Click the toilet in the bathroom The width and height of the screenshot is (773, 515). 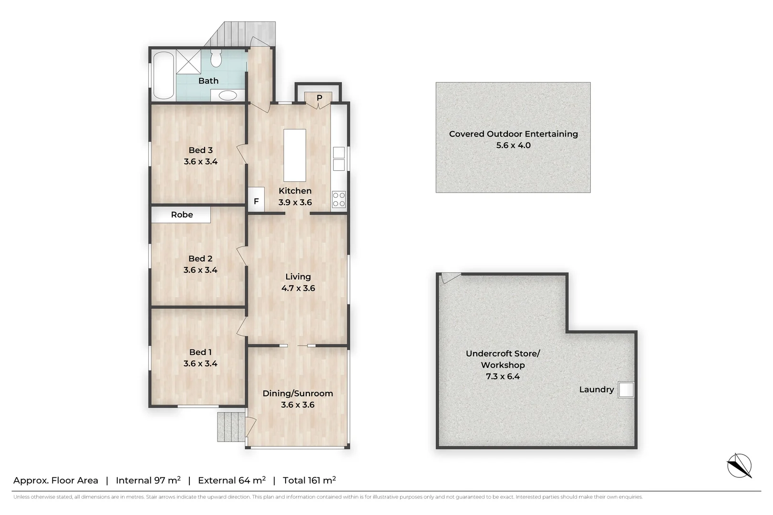[x=216, y=58]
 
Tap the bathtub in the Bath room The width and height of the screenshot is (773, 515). [x=164, y=76]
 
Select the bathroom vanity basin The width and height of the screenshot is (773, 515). [x=228, y=95]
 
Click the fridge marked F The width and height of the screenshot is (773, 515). [x=257, y=199]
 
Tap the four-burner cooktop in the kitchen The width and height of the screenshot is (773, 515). [x=339, y=199]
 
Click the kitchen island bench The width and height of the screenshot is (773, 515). [x=295, y=155]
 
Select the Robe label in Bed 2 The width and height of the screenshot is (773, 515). [x=182, y=215]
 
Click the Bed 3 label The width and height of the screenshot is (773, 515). [x=200, y=150]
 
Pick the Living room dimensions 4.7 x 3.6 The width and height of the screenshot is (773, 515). [x=298, y=288]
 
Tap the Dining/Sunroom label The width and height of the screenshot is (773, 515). [x=298, y=393]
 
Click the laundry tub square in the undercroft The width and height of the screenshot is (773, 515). [x=626, y=390]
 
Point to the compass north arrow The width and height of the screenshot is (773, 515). [x=740, y=465]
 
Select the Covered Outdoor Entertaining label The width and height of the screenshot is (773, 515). [x=514, y=134]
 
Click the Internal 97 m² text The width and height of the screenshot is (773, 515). [x=148, y=480]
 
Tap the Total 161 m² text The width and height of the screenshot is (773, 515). [x=309, y=480]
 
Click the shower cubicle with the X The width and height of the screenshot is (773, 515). [x=188, y=62]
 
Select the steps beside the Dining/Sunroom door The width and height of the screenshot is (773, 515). [x=231, y=427]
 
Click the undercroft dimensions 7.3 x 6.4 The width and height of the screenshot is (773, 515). [x=503, y=377]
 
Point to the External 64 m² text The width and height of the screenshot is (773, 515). [x=232, y=480]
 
